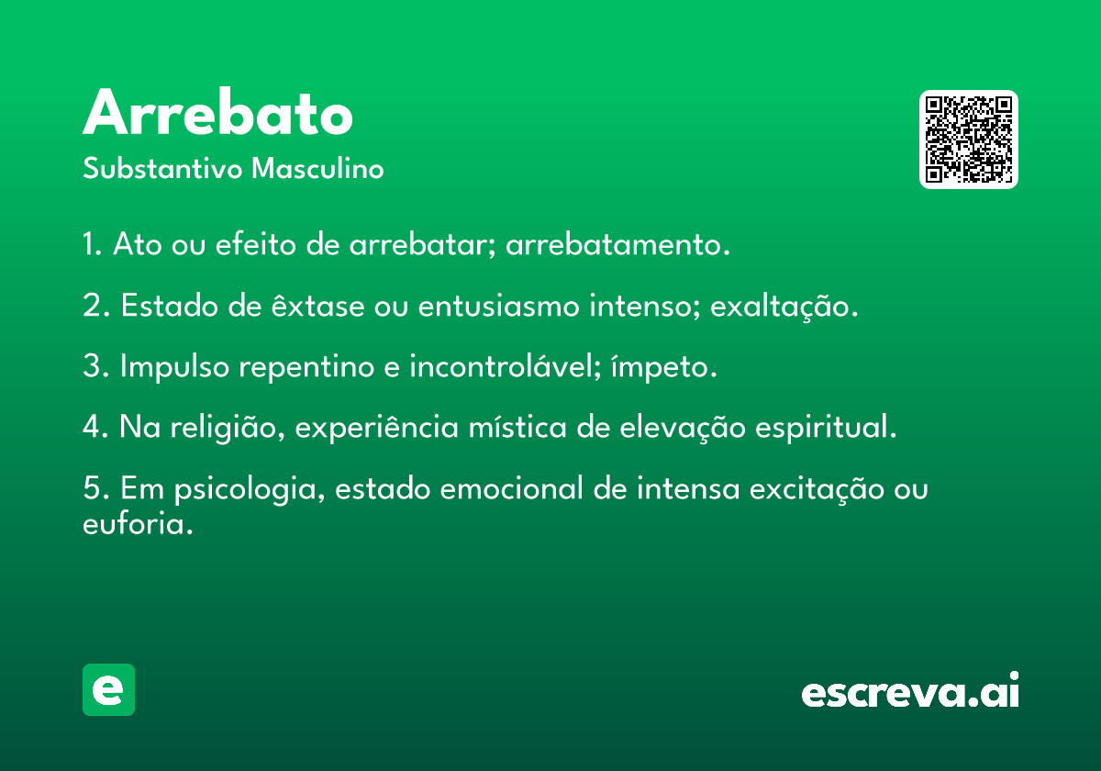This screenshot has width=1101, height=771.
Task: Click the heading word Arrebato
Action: pos(217,112)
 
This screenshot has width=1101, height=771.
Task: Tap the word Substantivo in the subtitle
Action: pos(162,168)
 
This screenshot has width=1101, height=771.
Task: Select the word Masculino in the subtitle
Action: pos(317,168)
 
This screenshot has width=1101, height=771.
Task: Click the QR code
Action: pos(968,140)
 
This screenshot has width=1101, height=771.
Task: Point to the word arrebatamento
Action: pos(617,244)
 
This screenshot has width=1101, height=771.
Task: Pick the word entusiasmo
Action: pos(499,306)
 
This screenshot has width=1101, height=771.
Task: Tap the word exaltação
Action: pos(784,307)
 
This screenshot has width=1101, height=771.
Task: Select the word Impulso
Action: pos(174,367)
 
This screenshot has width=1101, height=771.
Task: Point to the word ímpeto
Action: pos(664,367)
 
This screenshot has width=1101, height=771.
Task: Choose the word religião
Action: pos(228,428)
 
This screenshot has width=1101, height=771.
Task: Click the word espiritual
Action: pos(827,428)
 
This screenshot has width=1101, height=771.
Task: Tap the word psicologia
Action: pos(250,489)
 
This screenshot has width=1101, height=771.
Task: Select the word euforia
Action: pos(138,523)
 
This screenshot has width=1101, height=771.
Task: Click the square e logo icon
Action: pos(108,689)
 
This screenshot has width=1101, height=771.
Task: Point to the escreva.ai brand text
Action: pos(910,689)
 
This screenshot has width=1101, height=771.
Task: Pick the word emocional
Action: pos(512,488)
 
